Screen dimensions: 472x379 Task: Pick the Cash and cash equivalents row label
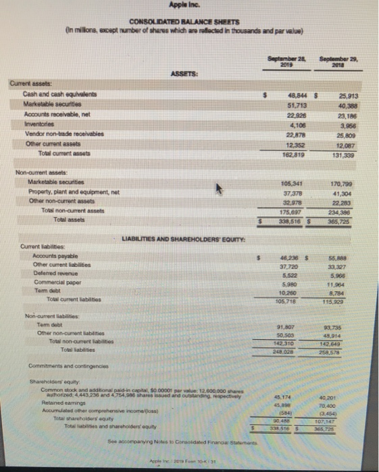(x=52, y=95)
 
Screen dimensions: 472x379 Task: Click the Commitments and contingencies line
(x=58, y=365)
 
